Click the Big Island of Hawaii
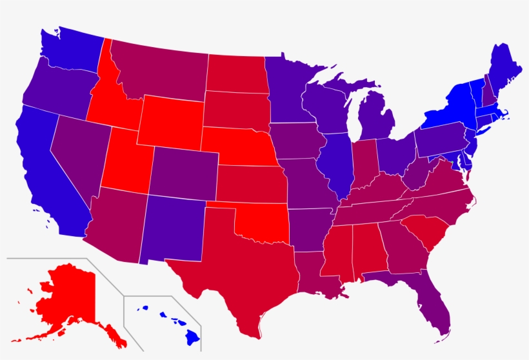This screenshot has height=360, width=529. (x=192, y=335)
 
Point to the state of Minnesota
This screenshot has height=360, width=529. (x=287, y=90)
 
